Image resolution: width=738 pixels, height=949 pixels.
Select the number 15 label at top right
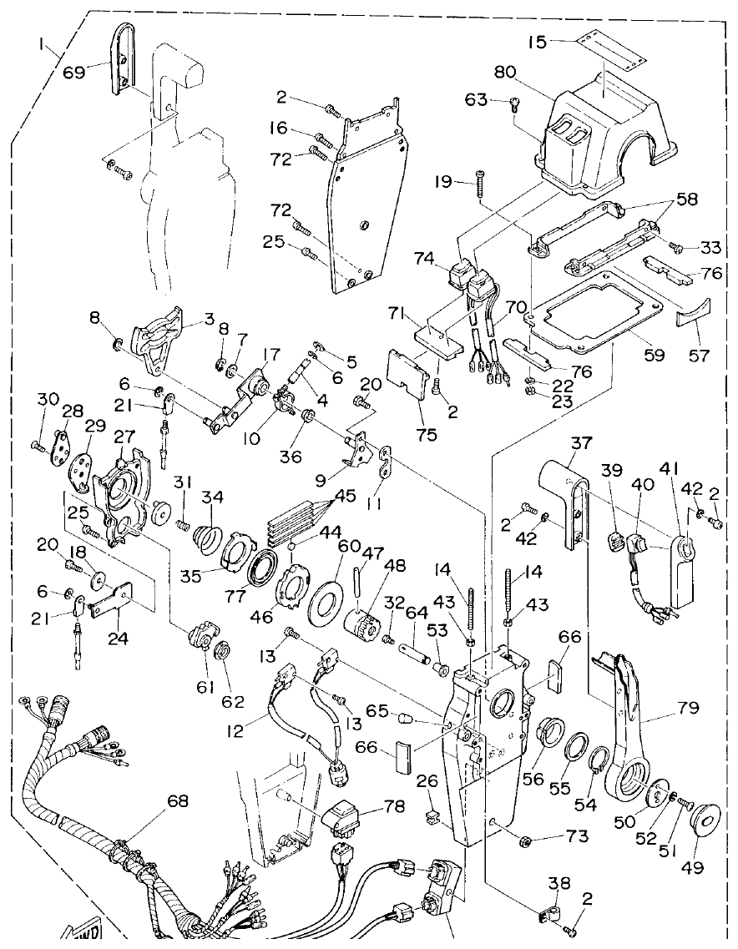pos(538,41)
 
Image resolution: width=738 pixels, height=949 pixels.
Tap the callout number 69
pos(74,73)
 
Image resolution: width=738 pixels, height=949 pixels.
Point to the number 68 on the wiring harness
pos(177,801)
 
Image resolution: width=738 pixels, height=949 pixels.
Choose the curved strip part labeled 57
pos(693,315)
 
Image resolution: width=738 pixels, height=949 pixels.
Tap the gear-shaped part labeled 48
pos(365,621)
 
